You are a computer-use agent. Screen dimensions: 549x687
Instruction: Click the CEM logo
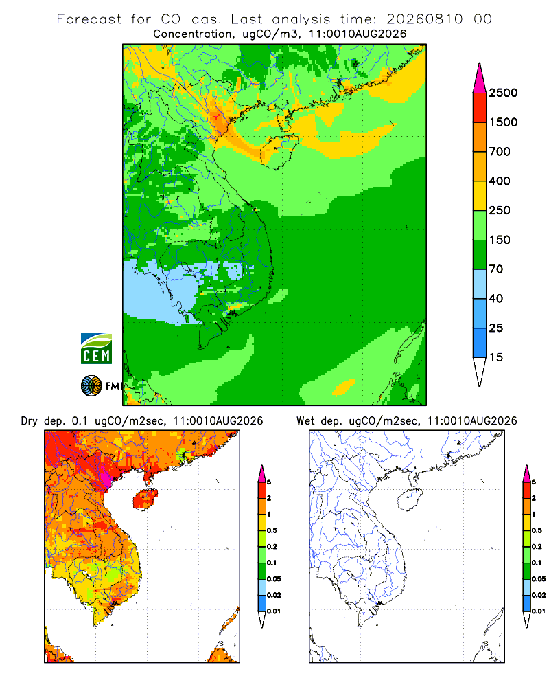coord(96,349)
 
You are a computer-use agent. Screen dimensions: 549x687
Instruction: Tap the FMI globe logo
coord(91,386)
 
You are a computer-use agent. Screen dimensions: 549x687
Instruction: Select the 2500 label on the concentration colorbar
coord(503,93)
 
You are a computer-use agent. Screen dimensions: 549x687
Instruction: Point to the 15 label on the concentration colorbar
coord(496,357)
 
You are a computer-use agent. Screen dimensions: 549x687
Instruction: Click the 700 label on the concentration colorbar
coord(500,152)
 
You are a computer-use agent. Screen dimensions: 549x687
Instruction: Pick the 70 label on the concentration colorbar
coord(496,269)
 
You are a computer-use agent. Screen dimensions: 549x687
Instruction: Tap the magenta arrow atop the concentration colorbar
coord(480,78)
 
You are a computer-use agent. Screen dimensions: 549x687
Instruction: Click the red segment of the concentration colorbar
coord(480,108)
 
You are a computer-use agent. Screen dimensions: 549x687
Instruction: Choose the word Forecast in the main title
coord(89,19)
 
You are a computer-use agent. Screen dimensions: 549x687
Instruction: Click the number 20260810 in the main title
coord(424,19)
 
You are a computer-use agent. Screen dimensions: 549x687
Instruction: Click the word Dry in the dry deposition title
coord(30,421)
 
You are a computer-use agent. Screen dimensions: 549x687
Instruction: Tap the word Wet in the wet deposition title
coord(305,421)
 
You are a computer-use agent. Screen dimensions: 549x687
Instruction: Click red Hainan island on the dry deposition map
coord(145,499)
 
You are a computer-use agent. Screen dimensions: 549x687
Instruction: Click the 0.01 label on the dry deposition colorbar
coord(274,611)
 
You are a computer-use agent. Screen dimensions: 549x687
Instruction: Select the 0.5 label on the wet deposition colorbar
coord(537,530)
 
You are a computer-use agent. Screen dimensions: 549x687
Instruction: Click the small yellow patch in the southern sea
coord(344,386)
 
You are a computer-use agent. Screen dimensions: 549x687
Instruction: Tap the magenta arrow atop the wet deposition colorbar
coord(526,473)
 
